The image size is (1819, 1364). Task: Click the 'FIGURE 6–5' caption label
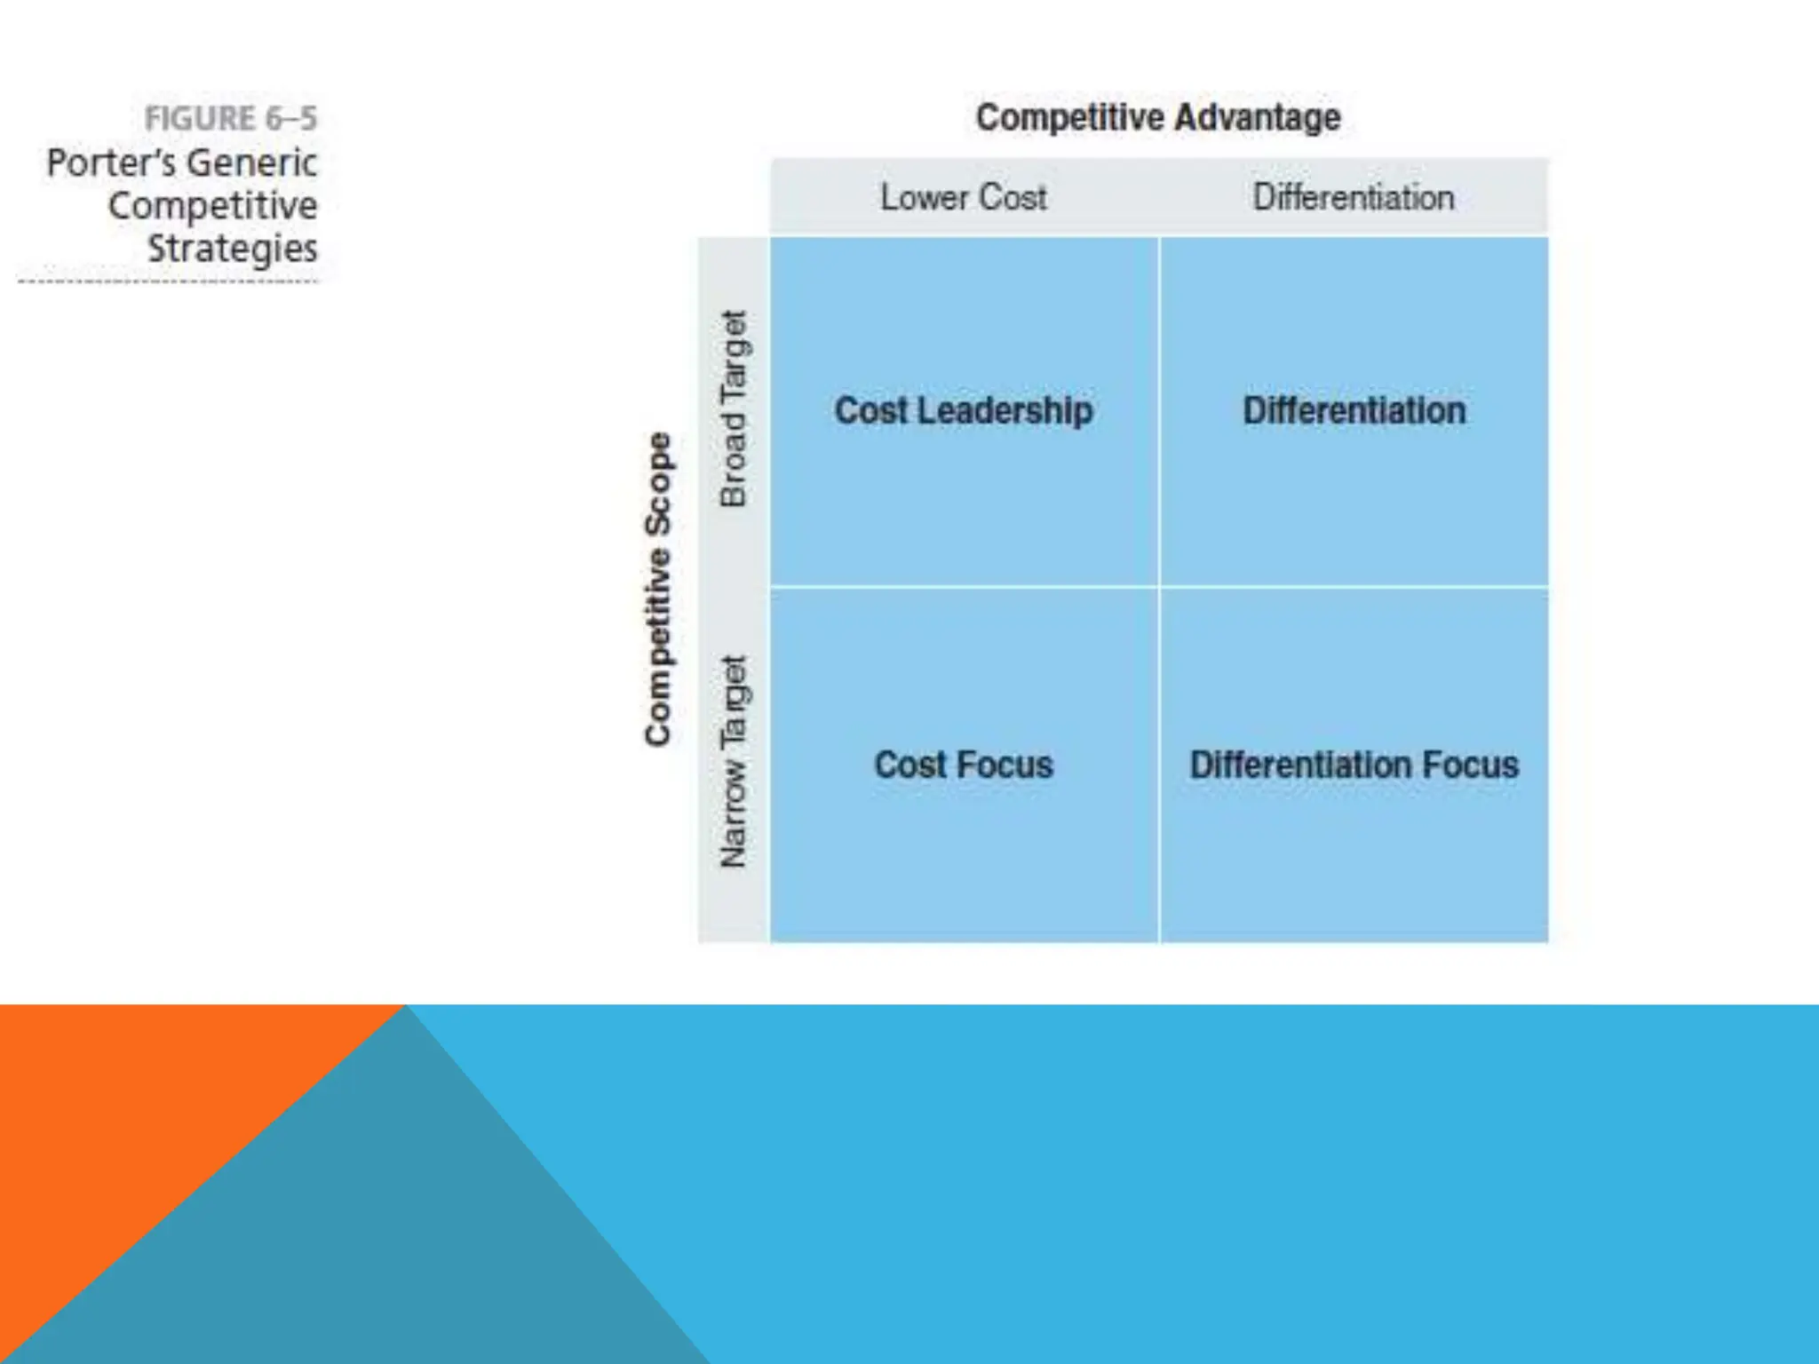[230, 118]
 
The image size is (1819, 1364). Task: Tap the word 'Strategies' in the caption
[232, 249]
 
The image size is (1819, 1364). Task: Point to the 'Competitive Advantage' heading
[1158, 117]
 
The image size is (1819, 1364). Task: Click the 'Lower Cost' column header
[964, 197]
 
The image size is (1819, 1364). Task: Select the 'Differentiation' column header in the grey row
[1354, 197]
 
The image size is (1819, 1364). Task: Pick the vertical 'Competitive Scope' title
[658, 589]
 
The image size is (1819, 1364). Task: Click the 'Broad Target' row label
[734, 409]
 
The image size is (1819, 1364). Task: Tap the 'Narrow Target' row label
[734, 762]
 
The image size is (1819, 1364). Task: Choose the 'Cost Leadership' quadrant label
[964, 410]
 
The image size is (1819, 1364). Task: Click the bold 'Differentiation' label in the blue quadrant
[1354, 410]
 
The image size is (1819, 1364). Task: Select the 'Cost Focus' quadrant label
[964, 765]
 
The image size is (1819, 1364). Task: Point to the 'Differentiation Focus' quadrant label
[1354, 765]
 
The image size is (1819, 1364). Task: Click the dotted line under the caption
[168, 282]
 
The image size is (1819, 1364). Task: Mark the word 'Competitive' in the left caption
[213, 206]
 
